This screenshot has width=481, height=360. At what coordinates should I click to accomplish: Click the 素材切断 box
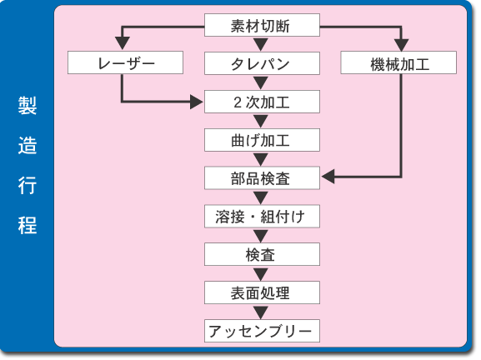pyautogui.click(x=262, y=25)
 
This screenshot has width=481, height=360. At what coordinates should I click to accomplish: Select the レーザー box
pyautogui.click(x=125, y=62)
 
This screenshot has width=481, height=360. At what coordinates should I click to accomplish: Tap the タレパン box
pyautogui.click(x=262, y=63)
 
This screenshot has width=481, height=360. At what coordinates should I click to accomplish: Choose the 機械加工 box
pyautogui.click(x=398, y=62)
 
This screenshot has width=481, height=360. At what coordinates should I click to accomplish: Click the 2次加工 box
pyautogui.click(x=262, y=102)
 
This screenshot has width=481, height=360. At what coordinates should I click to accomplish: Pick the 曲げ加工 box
pyautogui.click(x=262, y=140)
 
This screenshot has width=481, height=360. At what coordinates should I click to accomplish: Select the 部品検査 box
pyautogui.click(x=262, y=177)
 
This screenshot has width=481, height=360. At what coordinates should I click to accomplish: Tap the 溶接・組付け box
pyautogui.click(x=262, y=216)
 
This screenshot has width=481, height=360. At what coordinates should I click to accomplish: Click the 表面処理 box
pyautogui.click(x=262, y=292)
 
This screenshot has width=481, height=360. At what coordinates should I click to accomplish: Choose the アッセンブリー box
pyautogui.click(x=262, y=331)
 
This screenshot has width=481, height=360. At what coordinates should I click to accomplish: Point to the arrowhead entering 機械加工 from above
pyautogui.click(x=401, y=45)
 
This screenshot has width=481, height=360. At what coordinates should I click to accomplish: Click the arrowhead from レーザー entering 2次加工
pyautogui.click(x=197, y=102)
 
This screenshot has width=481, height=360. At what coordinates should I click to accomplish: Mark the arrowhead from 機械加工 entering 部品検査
pyautogui.click(x=328, y=177)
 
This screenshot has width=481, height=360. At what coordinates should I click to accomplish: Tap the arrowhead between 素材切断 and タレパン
pyautogui.click(x=261, y=44)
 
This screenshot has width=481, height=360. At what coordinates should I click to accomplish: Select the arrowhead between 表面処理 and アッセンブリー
pyautogui.click(x=261, y=312)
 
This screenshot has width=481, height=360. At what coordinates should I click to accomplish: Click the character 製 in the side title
pyautogui.click(x=28, y=106)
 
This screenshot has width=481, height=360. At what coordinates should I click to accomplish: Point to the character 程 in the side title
pyautogui.click(x=28, y=225)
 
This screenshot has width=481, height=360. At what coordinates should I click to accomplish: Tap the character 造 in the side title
pyautogui.click(x=28, y=145)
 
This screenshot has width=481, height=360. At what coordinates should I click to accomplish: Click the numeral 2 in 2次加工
pyautogui.click(x=238, y=102)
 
